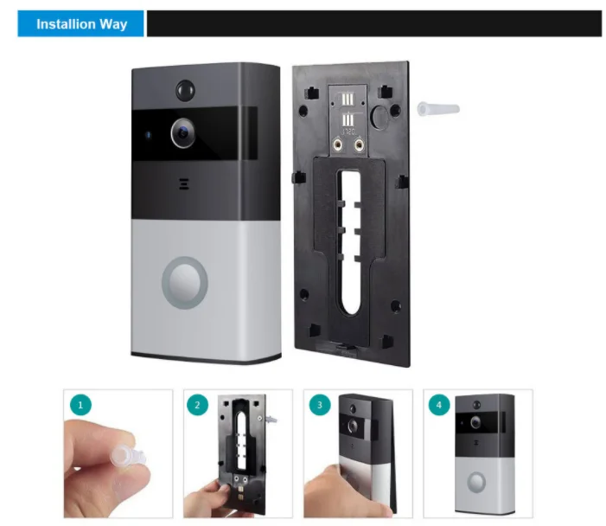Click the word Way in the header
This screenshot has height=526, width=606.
pyautogui.click(x=112, y=24)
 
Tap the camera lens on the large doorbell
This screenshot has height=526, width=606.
pyautogui.click(x=182, y=132)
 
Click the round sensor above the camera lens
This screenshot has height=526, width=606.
pyautogui.click(x=183, y=89)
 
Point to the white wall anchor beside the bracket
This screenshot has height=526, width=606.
pyautogui.click(x=437, y=108)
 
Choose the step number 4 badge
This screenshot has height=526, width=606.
pyautogui.click(x=441, y=405)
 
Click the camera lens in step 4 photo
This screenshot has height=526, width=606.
pyautogui.click(x=476, y=421)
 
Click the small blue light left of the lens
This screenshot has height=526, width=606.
pyautogui.click(x=149, y=133)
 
